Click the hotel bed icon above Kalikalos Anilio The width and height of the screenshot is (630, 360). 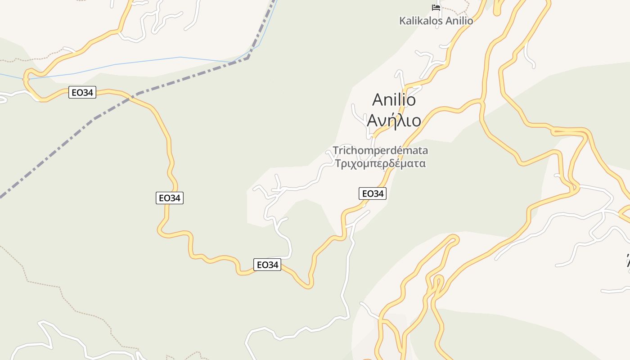point(436,7)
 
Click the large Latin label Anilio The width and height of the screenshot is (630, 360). point(394,100)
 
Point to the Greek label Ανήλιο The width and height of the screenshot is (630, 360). point(394,120)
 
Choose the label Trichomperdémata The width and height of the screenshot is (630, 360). point(380,150)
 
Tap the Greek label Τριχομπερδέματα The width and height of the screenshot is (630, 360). point(380,163)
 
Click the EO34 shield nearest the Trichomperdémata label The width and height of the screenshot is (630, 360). point(372,193)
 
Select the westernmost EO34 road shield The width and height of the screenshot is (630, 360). point(82,93)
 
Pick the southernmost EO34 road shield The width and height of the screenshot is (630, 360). point(267,265)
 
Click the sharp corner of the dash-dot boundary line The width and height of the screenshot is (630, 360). point(247,58)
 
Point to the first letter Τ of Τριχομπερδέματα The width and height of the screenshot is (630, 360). point(338,163)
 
